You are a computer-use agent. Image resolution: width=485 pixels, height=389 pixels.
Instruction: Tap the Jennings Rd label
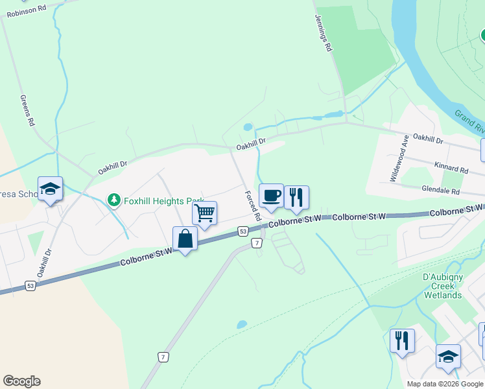click(323, 33)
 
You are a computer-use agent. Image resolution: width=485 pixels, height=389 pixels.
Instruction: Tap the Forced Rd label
click(252, 205)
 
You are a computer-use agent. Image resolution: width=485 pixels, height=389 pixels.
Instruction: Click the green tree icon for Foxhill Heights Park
click(114, 200)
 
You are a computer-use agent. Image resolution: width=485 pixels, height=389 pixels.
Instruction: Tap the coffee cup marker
click(271, 195)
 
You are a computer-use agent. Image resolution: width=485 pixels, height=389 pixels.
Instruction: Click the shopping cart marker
click(204, 213)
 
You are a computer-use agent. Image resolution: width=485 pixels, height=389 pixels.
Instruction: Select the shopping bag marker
click(185, 239)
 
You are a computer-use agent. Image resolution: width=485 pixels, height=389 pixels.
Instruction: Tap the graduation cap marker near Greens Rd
click(50, 189)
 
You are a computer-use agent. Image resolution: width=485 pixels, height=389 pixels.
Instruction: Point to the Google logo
click(21, 381)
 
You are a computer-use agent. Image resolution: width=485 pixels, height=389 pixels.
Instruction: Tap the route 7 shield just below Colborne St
click(257, 243)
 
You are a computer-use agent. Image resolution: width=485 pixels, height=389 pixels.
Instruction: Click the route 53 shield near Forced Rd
click(242, 231)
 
